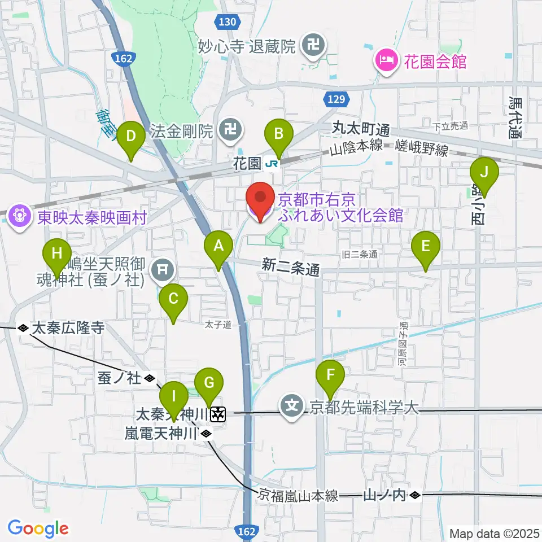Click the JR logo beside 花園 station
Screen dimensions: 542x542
(272, 164)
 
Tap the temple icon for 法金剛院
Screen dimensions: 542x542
(229, 132)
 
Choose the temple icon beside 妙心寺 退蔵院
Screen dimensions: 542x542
(312, 46)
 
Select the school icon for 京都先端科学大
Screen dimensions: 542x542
(292, 406)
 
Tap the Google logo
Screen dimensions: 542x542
(38, 528)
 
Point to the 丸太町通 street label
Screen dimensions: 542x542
(361, 129)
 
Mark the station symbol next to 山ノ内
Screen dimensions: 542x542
(415, 496)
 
